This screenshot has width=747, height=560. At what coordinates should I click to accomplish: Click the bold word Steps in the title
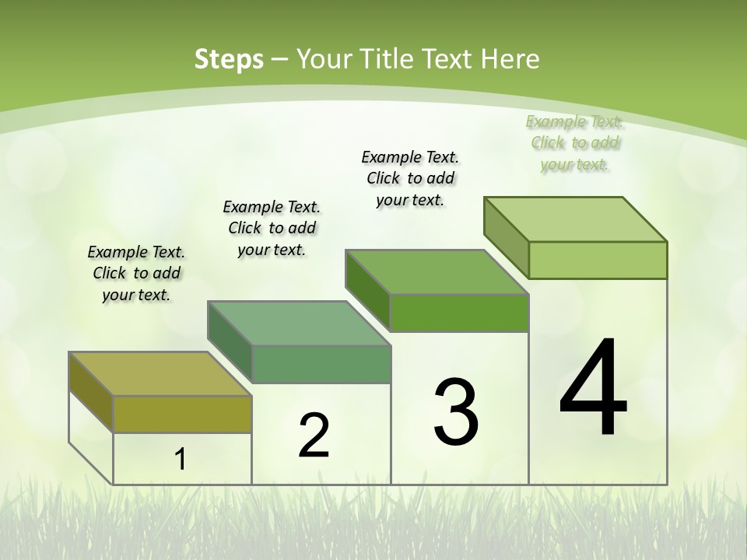(x=229, y=59)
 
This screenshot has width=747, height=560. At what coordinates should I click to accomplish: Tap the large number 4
(x=593, y=389)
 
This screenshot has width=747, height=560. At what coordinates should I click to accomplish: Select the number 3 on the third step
(x=456, y=413)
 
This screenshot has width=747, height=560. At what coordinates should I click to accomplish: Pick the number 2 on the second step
(x=314, y=436)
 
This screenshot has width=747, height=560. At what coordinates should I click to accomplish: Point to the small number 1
(x=181, y=460)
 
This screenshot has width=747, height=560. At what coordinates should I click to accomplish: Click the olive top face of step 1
(x=160, y=374)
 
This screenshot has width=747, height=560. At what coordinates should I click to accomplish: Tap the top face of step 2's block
(x=299, y=324)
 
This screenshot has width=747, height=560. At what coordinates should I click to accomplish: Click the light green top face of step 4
(x=576, y=219)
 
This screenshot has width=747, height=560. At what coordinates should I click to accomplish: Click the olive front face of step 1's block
(x=182, y=414)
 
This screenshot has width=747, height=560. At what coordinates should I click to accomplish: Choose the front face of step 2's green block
(x=321, y=364)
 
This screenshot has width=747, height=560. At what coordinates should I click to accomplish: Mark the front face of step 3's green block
(x=459, y=313)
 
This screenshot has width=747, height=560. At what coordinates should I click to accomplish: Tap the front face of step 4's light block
(x=598, y=260)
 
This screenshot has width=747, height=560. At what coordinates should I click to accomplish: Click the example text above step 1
(x=136, y=273)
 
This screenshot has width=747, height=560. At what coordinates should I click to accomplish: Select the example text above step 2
(x=272, y=228)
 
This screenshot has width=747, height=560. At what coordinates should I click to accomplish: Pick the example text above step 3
(x=410, y=178)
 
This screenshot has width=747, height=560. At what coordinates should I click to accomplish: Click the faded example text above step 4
(x=575, y=142)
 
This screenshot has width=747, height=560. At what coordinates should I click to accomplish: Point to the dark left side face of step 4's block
(x=506, y=237)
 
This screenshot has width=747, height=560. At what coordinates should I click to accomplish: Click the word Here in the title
(x=512, y=59)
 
